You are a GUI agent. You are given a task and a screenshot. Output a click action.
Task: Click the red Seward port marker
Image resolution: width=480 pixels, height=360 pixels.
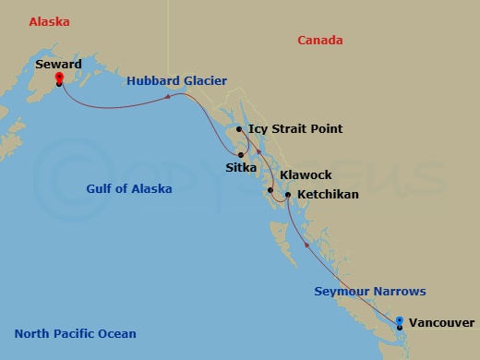(x=59, y=79)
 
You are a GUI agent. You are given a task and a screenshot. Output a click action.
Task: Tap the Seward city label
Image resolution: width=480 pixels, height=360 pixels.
(x=58, y=65)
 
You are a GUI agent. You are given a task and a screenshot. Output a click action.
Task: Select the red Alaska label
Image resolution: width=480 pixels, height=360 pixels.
(x=50, y=20)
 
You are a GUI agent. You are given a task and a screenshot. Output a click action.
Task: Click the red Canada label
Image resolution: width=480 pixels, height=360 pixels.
(x=320, y=40)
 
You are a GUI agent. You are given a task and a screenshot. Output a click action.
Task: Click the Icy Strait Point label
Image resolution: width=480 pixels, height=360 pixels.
(x=295, y=129)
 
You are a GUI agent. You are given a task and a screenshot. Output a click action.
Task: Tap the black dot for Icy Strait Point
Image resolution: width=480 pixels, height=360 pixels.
(x=239, y=129)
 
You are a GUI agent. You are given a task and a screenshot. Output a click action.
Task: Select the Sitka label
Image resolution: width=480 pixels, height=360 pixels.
(x=241, y=168)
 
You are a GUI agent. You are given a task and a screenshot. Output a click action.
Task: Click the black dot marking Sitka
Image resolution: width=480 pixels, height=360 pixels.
(x=241, y=154)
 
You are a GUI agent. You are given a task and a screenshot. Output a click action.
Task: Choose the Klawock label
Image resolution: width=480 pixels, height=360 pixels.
(x=306, y=174)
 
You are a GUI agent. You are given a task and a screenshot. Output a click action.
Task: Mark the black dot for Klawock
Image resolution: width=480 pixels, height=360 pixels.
(x=270, y=191)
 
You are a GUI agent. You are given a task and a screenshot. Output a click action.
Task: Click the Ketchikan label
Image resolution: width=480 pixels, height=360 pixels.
(x=328, y=195)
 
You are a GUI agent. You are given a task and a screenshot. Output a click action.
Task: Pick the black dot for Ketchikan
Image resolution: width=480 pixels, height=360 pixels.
(x=288, y=195)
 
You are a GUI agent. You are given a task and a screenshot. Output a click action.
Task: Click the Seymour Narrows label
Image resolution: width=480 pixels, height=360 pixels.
(x=369, y=292)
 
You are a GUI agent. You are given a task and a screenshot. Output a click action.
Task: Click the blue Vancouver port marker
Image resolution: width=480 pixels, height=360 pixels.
(x=399, y=322)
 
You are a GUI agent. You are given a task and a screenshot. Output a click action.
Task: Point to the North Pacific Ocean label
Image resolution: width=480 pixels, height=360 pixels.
(x=76, y=334)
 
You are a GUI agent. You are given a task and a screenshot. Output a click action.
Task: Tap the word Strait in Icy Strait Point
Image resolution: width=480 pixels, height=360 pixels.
(x=292, y=129)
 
